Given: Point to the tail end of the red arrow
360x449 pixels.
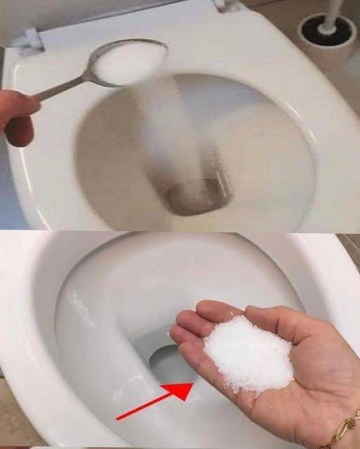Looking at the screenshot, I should click(118, 419).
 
